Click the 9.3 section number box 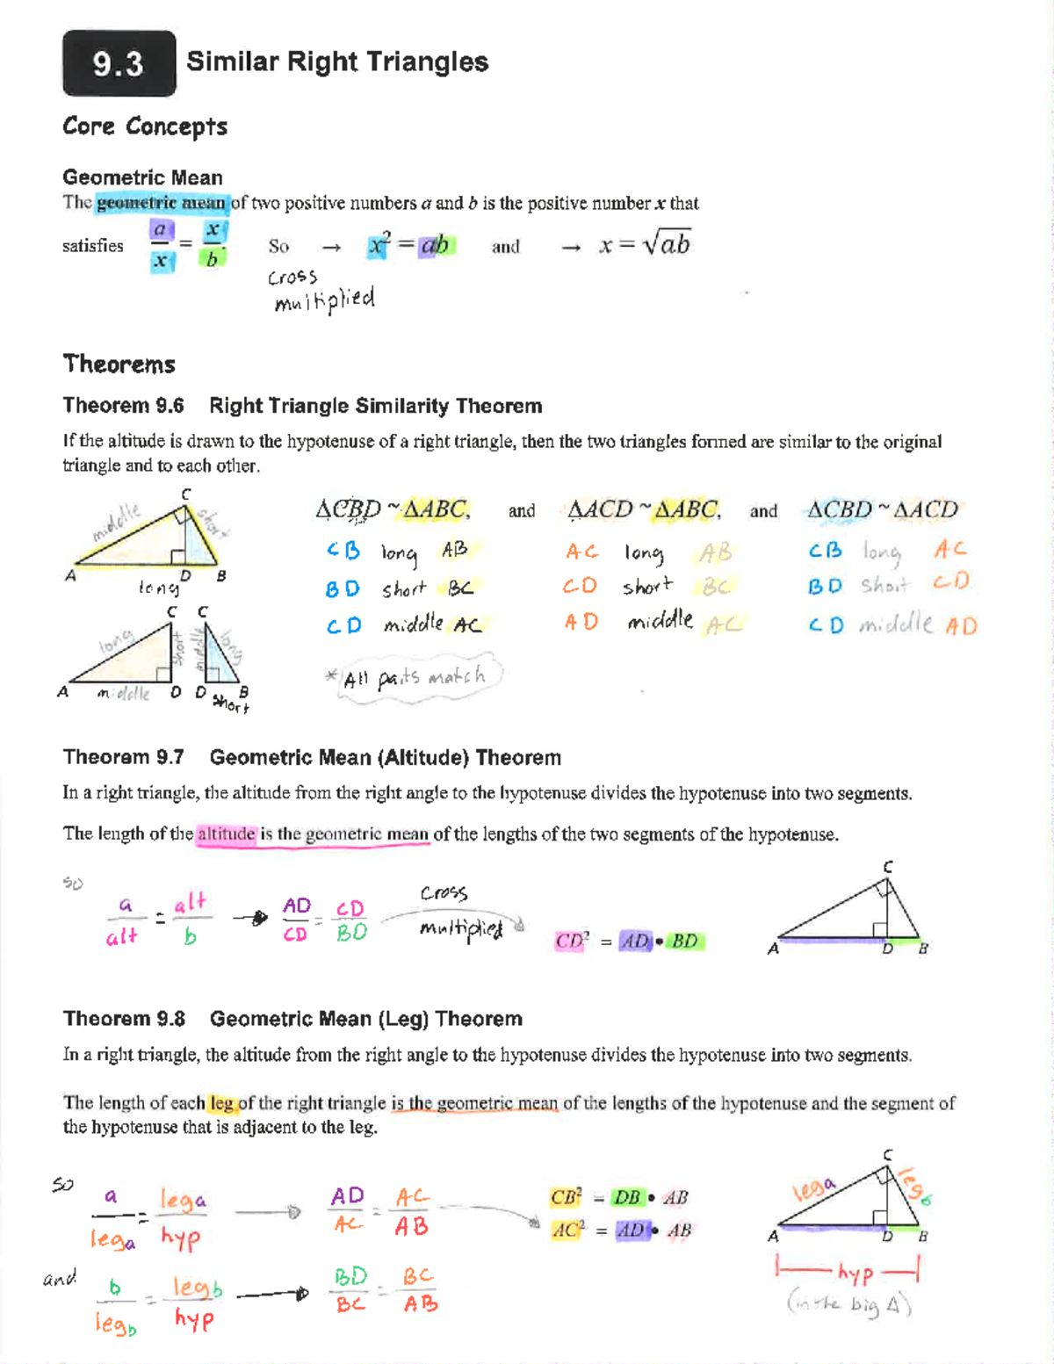click(119, 63)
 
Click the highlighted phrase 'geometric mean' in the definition click(162, 203)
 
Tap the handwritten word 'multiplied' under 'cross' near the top click(324, 301)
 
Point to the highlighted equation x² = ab click(409, 245)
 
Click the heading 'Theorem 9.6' click(123, 406)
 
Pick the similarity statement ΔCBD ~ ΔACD click(882, 509)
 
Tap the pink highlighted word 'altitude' click(226, 834)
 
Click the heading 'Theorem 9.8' click(124, 1019)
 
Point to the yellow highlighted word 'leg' click(221, 1103)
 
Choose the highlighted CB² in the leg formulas click(566, 1197)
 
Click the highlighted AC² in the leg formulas click(567, 1230)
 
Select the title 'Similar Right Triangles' click(337, 61)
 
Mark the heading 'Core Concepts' click(145, 126)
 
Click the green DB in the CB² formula click(626, 1197)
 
